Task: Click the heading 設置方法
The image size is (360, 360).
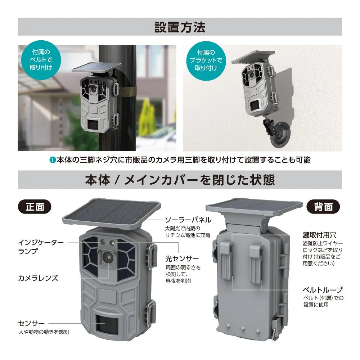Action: point(180,27)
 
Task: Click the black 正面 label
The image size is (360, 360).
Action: point(35,207)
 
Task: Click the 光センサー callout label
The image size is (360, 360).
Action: point(182,259)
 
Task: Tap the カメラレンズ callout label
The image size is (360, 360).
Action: point(38,278)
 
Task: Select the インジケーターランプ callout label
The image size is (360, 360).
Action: point(40,247)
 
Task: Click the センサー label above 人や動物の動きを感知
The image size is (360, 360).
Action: point(31,323)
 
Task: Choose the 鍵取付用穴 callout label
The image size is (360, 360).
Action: point(319,235)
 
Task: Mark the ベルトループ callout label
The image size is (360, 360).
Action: point(322,290)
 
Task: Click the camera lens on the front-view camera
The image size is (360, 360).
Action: point(108,256)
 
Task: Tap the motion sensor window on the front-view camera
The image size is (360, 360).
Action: point(108,323)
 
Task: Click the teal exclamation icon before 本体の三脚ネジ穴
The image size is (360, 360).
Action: point(53,160)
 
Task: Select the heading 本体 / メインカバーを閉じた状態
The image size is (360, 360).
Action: point(180,180)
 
